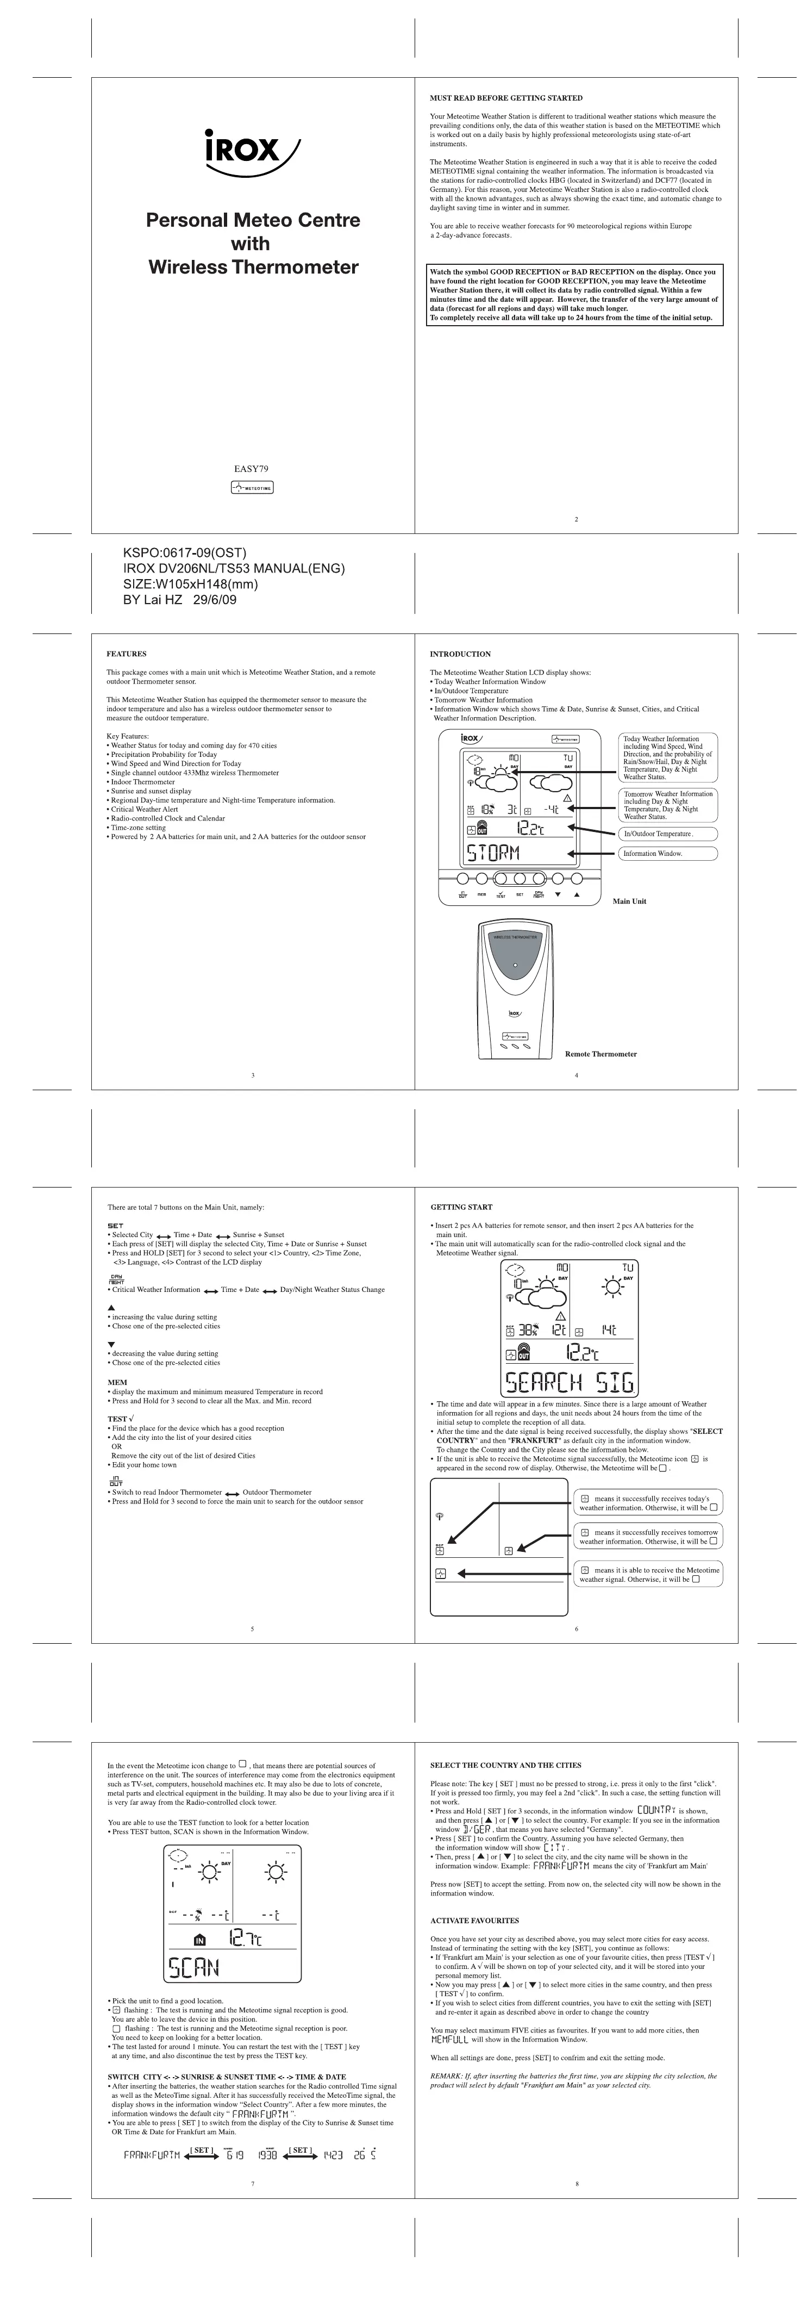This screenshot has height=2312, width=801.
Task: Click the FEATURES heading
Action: [127, 654]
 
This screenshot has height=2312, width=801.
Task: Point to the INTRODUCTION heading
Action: [460, 654]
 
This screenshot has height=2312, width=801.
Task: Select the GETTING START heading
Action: [461, 1207]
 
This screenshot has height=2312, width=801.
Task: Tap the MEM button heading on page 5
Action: [117, 1382]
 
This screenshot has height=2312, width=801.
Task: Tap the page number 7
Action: [253, 2183]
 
